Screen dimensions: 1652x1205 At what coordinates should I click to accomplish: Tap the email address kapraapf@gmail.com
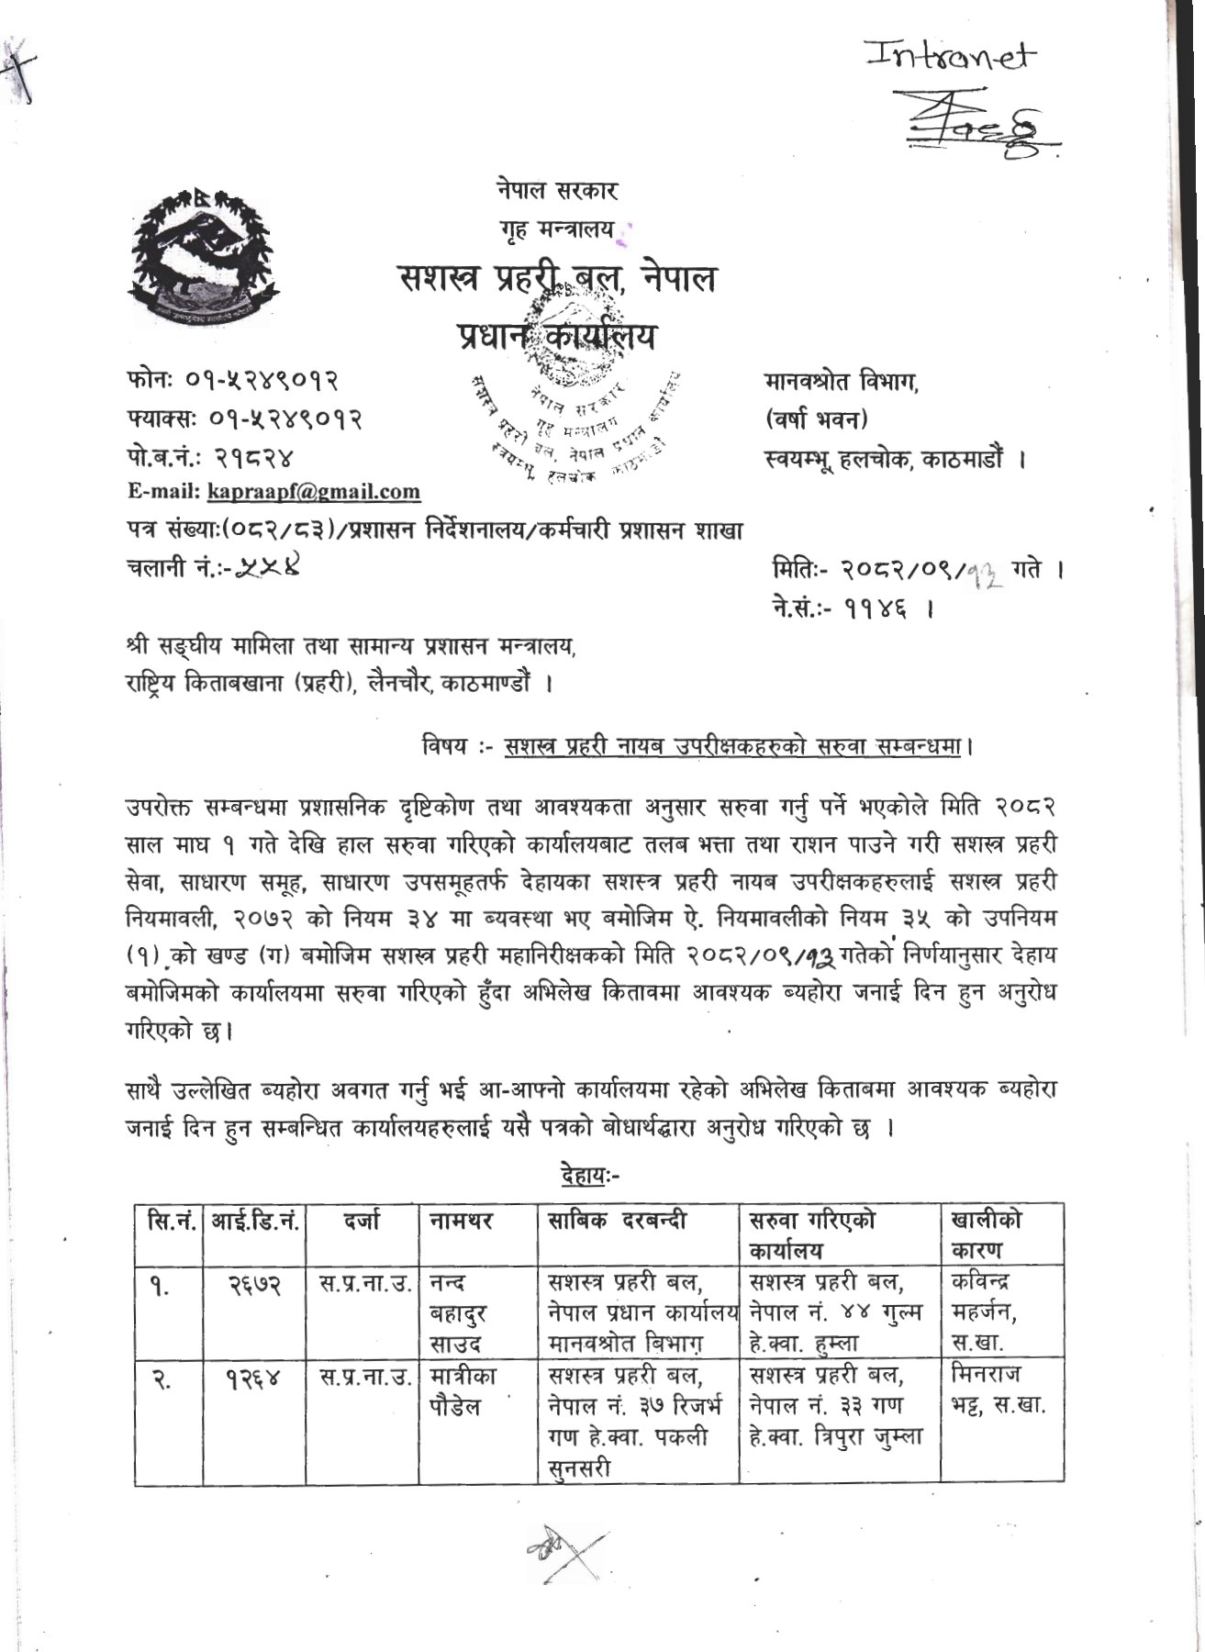click(314, 492)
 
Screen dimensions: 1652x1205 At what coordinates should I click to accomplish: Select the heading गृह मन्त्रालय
click(557, 230)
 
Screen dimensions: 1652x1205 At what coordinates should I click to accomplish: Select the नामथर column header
click(461, 1222)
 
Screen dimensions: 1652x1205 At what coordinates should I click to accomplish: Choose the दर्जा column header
click(363, 1222)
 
